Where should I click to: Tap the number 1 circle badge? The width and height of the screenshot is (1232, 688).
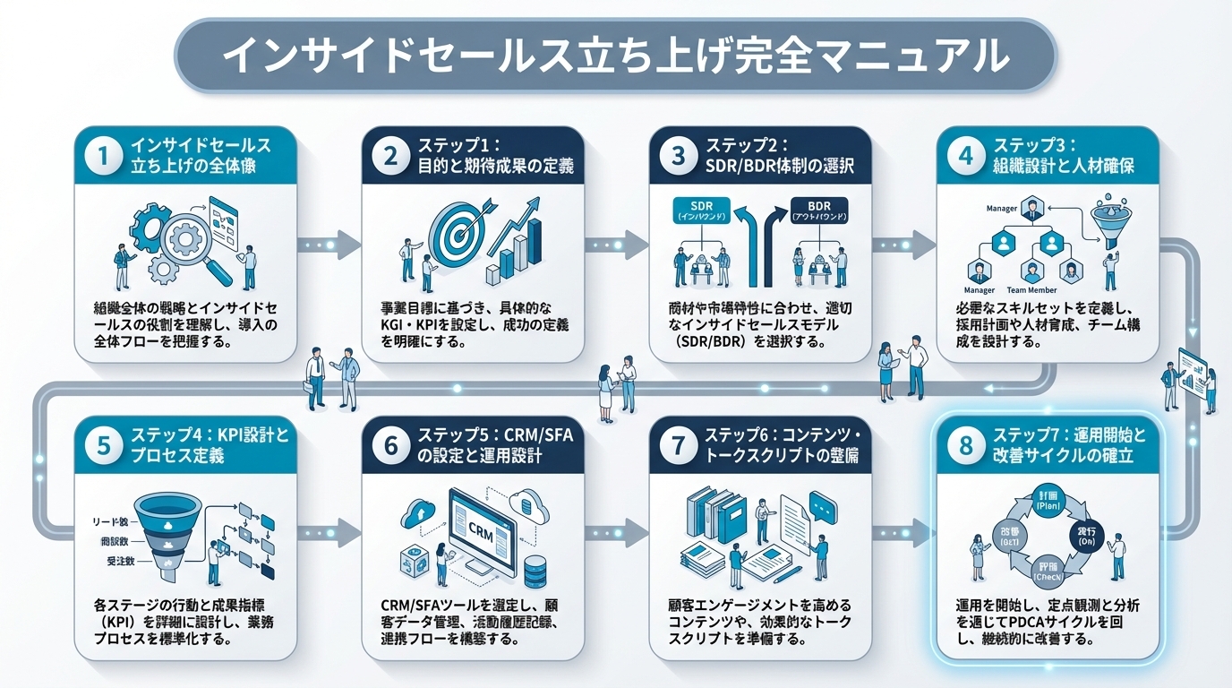[102, 155]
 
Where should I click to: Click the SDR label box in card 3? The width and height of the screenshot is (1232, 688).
[700, 211]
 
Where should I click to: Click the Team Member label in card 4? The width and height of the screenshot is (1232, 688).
[1032, 290]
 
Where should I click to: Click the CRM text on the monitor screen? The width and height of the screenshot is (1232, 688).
[482, 529]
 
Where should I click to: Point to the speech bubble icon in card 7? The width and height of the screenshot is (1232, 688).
[821, 503]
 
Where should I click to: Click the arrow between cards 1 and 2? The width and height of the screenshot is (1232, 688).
[329, 242]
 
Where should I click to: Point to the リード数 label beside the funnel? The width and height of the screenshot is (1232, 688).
[111, 520]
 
